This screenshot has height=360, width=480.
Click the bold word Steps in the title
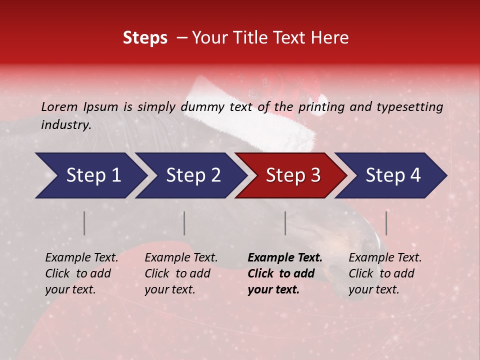pyautogui.click(x=145, y=38)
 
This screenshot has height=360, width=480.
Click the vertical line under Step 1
pyautogui.click(x=84, y=223)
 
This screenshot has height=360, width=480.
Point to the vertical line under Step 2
pyautogui.click(x=184, y=223)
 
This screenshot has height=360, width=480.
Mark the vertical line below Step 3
pyautogui.click(x=285, y=223)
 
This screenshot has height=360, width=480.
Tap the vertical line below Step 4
pyautogui.click(x=386, y=223)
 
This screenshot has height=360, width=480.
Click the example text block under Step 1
pyautogui.click(x=81, y=273)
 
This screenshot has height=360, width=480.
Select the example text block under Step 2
pyautogui.click(x=181, y=273)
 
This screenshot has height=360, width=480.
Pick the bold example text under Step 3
pyautogui.click(x=285, y=273)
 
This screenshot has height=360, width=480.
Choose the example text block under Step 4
pyautogui.click(x=385, y=273)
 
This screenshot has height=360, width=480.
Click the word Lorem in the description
pyautogui.click(x=59, y=107)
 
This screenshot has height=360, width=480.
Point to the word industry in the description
pyautogui.click(x=65, y=125)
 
